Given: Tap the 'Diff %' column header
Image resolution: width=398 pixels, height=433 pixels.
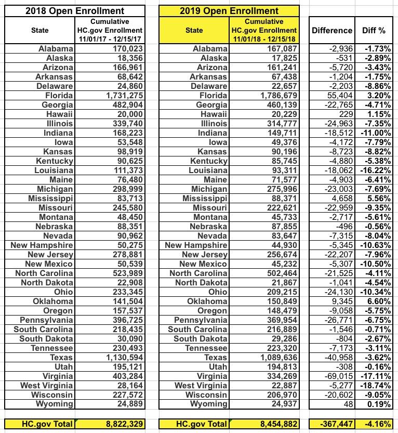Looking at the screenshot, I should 374,30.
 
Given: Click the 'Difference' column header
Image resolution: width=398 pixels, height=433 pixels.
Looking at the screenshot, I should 332,30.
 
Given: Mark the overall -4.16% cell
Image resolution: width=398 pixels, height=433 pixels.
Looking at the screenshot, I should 377,424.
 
